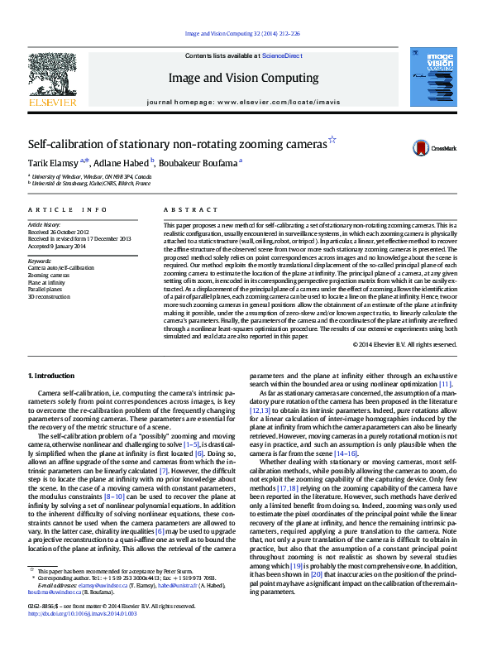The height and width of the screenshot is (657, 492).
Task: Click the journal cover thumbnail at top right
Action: pos(438,78)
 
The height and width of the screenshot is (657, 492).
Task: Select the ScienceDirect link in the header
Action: pos(281,55)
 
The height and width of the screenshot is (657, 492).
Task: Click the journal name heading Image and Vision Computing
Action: pos(245,78)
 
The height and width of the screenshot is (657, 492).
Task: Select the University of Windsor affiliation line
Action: pos(92,176)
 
